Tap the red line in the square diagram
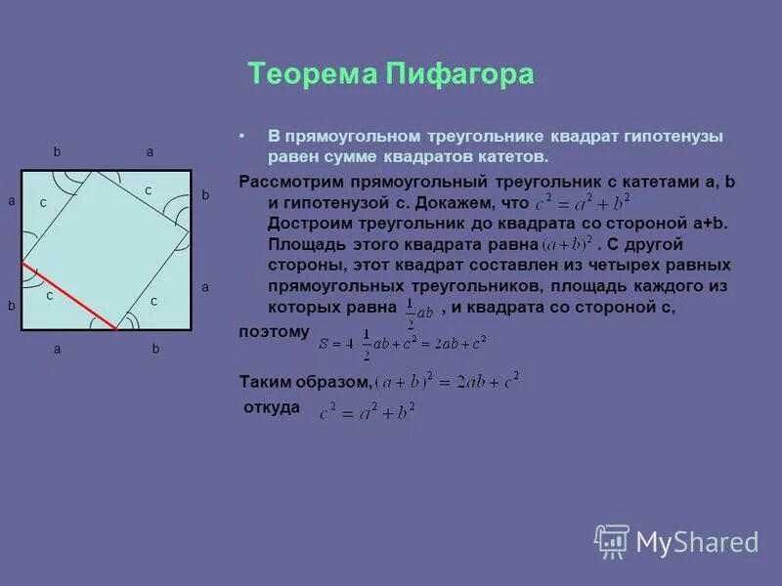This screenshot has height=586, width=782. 68,297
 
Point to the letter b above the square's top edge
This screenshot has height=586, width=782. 58,152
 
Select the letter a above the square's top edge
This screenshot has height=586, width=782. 150,152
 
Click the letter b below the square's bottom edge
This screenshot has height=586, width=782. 155,348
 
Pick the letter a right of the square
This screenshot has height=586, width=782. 205,287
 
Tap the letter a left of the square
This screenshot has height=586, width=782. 11,200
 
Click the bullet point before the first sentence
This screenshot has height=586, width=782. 243,137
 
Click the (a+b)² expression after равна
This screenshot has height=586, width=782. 568,245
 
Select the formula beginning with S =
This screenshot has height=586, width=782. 401,342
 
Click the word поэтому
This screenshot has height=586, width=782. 274,332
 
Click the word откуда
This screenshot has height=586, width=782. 271,407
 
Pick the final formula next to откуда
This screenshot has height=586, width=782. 367,411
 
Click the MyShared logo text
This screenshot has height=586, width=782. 697,541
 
